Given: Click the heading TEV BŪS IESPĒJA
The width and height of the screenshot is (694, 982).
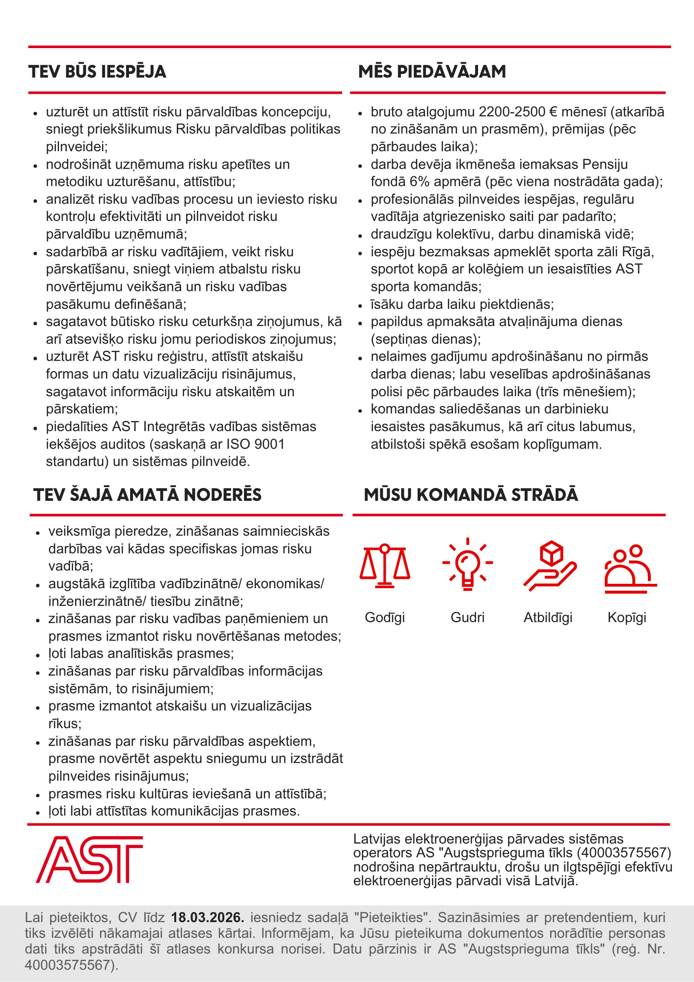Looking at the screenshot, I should [97, 72].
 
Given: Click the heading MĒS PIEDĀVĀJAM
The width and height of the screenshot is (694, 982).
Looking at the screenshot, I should [432, 72].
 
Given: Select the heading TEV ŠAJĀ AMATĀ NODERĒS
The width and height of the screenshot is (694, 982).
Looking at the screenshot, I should [147, 494].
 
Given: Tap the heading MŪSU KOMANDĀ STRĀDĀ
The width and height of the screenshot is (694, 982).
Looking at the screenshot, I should [471, 494].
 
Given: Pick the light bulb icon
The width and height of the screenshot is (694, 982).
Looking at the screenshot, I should [467, 564].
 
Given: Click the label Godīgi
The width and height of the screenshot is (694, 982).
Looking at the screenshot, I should [385, 617].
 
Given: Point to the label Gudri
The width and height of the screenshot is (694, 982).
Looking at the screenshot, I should [467, 617].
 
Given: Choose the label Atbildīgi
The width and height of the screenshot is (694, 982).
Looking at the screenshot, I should [548, 617].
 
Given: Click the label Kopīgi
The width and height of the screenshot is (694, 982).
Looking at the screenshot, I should [627, 617].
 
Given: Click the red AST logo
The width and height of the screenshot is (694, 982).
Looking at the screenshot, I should [89, 859].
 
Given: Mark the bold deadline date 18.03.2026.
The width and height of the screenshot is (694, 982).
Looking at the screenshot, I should [208, 917].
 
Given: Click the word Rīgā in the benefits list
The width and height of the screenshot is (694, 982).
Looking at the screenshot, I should [638, 252].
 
